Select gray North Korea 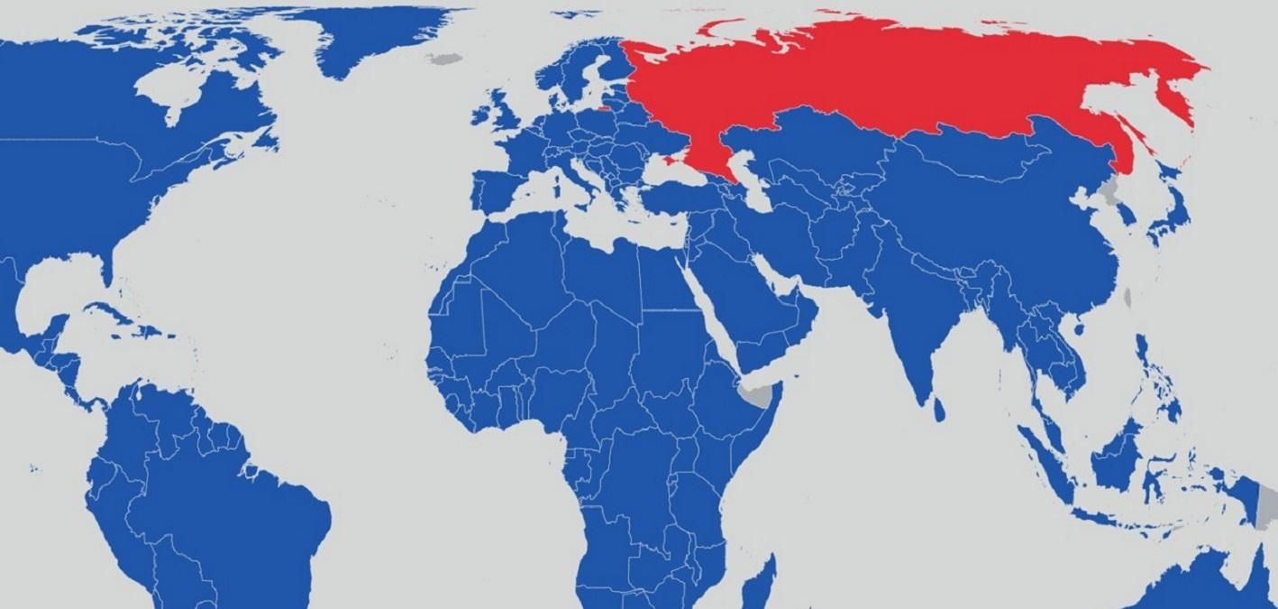point(1111,190)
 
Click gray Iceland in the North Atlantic point(443,60)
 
